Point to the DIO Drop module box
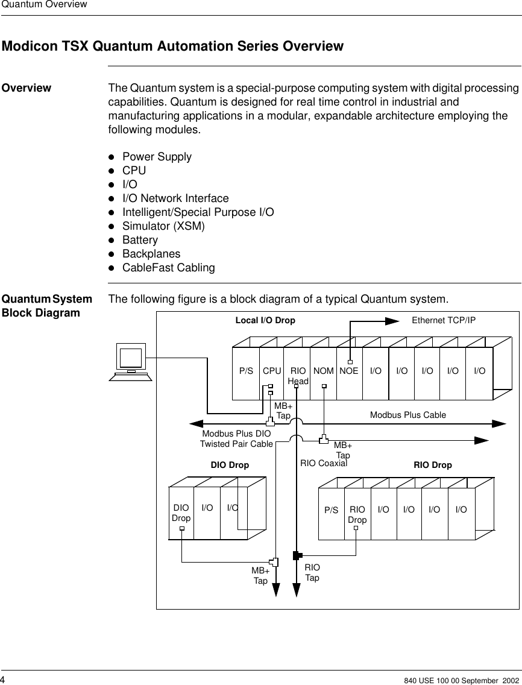click(181, 513)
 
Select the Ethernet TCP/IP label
click(443, 320)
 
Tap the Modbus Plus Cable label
click(407, 415)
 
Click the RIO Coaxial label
click(324, 464)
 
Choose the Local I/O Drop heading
click(265, 320)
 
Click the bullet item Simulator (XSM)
click(163, 226)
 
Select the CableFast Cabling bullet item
click(168, 267)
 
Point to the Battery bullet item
click(140, 240)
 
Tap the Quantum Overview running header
click(43, 5)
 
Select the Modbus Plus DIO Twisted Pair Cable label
click(236, 439)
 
